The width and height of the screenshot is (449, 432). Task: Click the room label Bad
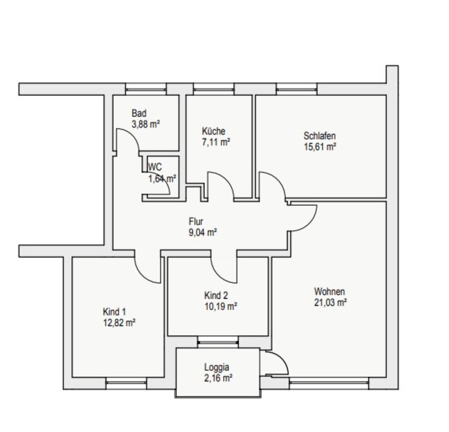click(x=139, y=113)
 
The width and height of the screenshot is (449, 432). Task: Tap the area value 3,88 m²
click(x=146, y=124)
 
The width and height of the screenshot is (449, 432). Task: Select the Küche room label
click(x=213, y=131)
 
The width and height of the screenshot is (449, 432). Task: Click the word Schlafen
click(x=319, y=136)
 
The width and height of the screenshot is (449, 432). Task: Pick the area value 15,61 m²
click(x=320, y=146)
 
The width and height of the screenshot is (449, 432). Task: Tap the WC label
click(x=155, y=167)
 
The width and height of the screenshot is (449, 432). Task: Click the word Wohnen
click(x=330, y=291)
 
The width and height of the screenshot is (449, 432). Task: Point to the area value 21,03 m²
click(x=330, y=302)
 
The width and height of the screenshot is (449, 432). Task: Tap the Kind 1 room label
click(x=114, y=312)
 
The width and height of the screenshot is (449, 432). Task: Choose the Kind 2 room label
click(x=216, y=295)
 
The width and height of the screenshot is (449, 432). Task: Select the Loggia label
click(x=217, y=367)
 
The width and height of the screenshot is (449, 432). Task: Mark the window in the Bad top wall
click(x=146, y=89)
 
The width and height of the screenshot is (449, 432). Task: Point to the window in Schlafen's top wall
click(x=297, y=89)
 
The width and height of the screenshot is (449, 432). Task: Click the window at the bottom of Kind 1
click(x=126, y=384)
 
